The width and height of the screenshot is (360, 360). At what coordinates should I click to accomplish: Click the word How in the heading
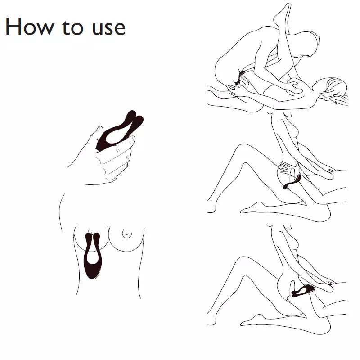pos(30,27)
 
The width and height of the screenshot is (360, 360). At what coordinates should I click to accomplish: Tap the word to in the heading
pos(72,27)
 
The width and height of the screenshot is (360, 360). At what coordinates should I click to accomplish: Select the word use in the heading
pos(109,28)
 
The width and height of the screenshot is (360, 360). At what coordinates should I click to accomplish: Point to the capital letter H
pos(13,27)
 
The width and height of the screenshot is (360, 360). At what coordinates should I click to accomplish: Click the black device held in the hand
pos(120,130)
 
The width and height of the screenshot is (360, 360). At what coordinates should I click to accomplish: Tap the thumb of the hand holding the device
pos(96,134)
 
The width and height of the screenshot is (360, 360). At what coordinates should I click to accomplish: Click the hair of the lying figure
pos(337,90)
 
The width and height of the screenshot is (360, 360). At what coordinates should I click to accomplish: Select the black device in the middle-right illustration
pos(292,181)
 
